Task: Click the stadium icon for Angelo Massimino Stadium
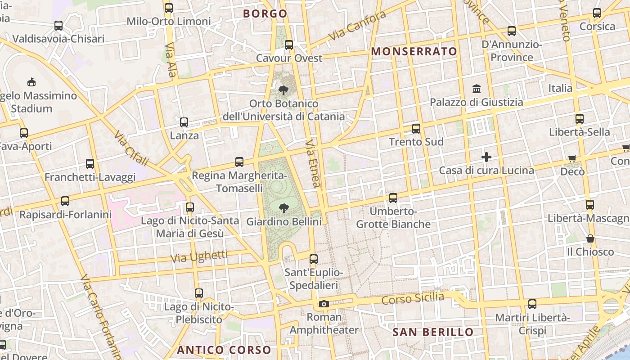coord(31,82)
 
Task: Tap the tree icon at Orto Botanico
coord(283,90)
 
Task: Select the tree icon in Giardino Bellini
coord(283,208)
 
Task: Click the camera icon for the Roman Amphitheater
coord(324,304)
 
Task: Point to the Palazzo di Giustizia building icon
coord(477,89)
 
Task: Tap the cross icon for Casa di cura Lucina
coord(486,157)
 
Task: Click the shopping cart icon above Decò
coord(572,158)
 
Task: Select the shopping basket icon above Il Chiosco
coord(590,238)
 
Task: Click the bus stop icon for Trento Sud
coord(416,129)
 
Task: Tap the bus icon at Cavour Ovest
coord(289,45)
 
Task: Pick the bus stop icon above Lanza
coord(184,122)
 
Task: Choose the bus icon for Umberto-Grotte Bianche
coord(393,198)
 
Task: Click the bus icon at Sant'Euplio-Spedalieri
coord(314,259)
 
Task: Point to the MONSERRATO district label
coord(414,52)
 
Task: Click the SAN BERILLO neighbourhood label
coord(433,333)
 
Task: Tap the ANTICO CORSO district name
coord(224,350)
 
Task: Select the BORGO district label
coord(265,13)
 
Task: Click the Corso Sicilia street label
coord(412,298)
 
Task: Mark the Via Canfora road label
coord(357,26)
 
